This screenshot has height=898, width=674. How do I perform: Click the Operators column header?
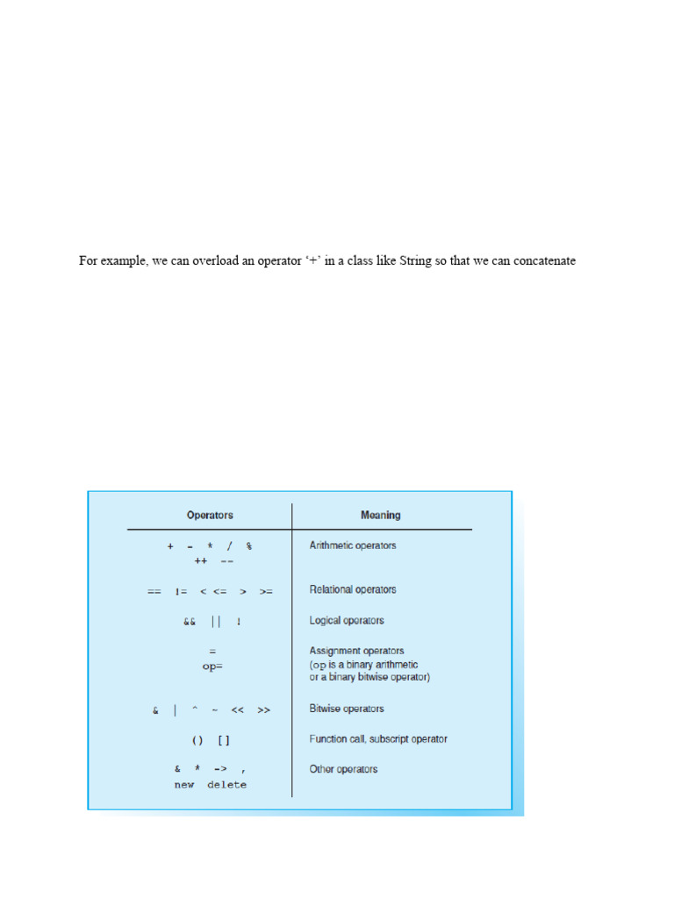210,516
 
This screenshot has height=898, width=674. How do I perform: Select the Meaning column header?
381,516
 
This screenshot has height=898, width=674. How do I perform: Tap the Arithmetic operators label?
352,545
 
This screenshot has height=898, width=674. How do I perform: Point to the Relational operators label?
352,589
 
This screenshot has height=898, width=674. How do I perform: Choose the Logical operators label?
347,620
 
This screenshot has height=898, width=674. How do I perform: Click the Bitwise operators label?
347,709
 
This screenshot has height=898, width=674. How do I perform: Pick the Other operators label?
343,769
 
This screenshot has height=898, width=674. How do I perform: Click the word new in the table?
184,785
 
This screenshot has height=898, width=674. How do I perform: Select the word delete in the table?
227,785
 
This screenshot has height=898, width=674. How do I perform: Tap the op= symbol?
212,666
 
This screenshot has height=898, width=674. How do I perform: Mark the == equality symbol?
154,591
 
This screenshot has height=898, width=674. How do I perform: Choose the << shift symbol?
237,710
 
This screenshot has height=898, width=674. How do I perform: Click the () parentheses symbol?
197,739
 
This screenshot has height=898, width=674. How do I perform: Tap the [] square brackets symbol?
224,739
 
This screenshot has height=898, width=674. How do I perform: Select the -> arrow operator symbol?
219,770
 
